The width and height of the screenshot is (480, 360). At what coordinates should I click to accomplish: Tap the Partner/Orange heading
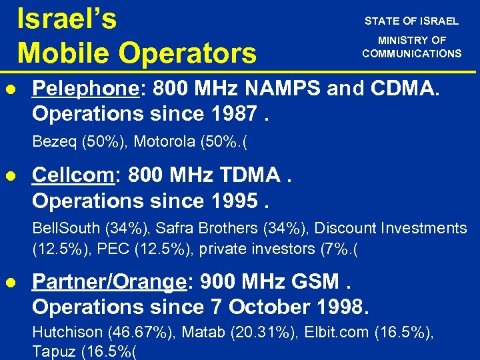[109, 282]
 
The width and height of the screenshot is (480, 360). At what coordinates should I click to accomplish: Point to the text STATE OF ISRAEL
[411, 21]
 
